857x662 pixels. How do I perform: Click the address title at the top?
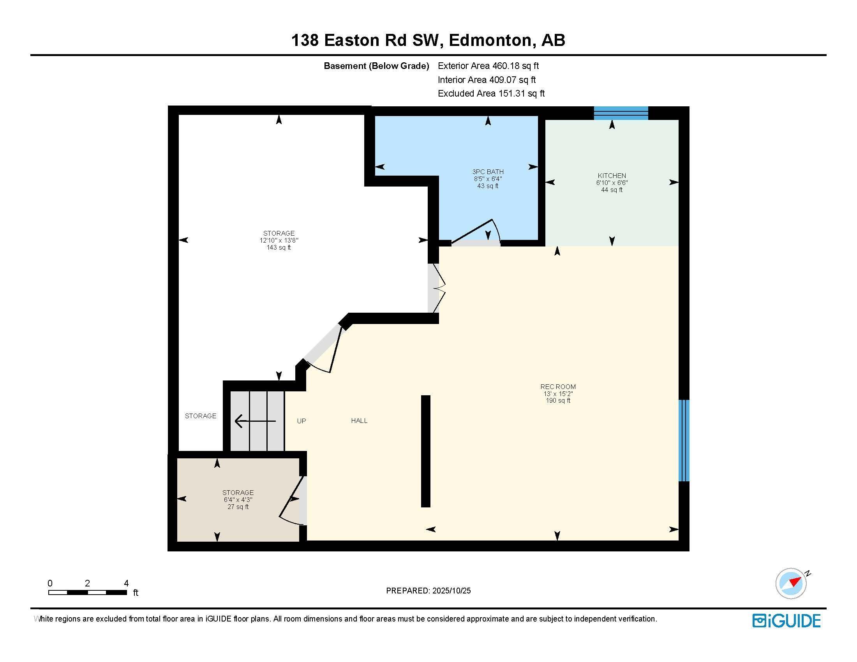[428, 40]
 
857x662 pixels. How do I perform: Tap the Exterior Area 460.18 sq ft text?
[488, 66]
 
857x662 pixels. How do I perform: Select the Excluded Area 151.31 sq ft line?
[491, 93]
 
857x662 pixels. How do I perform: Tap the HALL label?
[359, 421]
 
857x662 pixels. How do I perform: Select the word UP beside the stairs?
[302, 421]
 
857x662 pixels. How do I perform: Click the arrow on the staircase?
[255, 421]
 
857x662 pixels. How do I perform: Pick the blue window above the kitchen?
[621, 113]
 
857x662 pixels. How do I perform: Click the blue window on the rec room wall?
[684, 440]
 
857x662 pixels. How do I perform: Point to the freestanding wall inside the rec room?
[425, 451]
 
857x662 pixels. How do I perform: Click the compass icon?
[791, 583]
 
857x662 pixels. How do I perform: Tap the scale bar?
[88, 593]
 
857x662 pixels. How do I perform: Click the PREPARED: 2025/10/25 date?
[428, 591]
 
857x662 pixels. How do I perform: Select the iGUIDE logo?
[786, 621]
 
